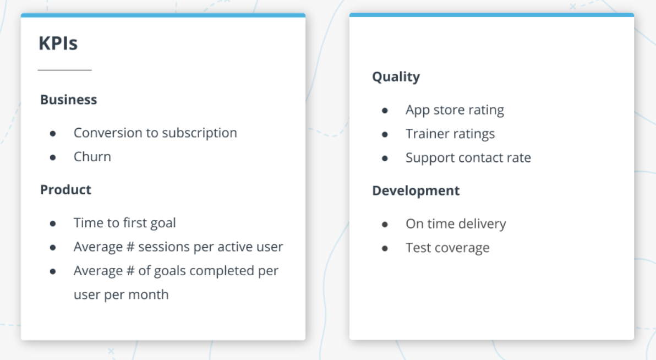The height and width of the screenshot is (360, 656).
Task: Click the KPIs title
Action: (x=58, y=43)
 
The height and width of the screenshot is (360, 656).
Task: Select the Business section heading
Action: (x=68, y=100)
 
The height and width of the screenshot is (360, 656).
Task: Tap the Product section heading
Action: (x=65, y=190)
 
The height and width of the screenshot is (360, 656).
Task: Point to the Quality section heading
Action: (x=396, y=77)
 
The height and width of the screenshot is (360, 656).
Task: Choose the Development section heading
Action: (x=416, y=191)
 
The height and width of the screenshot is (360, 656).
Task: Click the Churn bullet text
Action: (x=92, y=157)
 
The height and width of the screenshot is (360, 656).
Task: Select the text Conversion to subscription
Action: (x=155, y=133)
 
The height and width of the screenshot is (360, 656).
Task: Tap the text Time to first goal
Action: (x=124, y=223)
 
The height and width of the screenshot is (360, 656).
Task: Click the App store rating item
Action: (x=455, y=110)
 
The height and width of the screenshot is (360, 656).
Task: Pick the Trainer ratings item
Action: (x=450, y=134)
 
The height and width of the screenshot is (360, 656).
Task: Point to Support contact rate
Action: (x=468, y=158)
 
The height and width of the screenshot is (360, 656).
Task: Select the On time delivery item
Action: (x=456, y=224)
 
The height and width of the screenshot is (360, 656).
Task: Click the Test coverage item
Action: (x=447, y=248)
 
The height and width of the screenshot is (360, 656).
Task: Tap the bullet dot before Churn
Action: (x=53, y=157)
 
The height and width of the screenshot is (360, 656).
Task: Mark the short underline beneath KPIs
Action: (x=64, y=70)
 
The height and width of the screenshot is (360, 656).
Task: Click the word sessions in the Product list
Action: (x=163, y=247)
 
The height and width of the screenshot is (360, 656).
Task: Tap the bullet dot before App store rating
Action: (x=385, y=111)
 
